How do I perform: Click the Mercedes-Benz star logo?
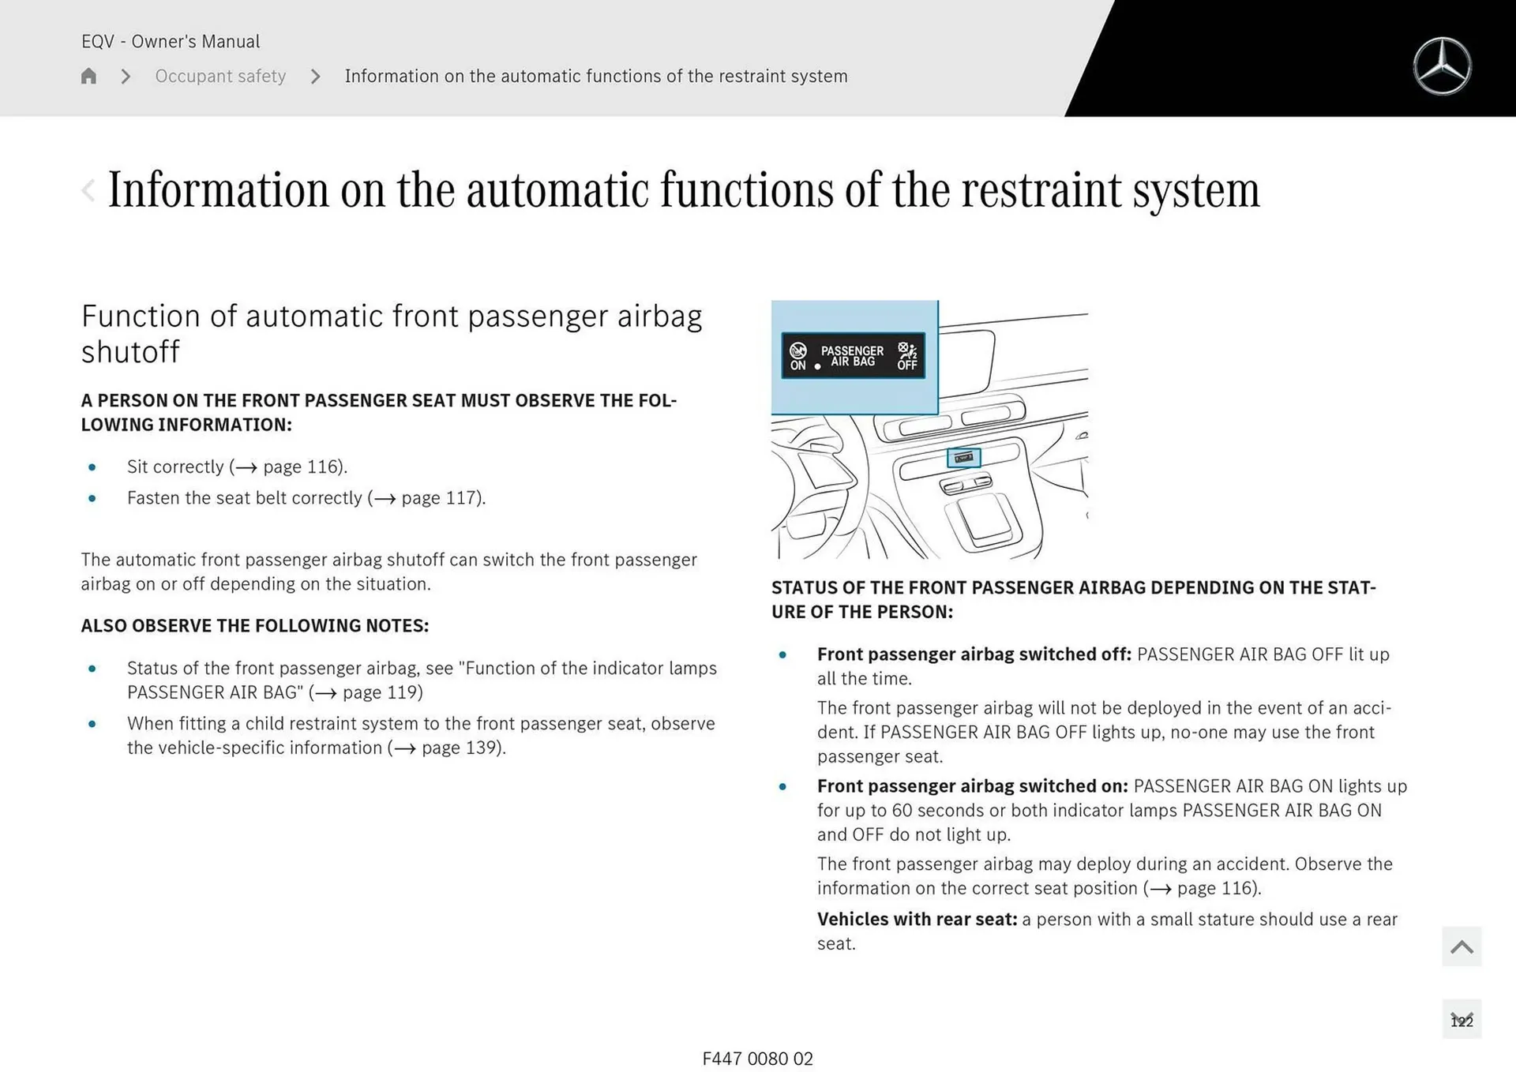pyautogui.click(x=1442, y=66)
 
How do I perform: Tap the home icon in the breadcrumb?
pyautogui.click(x=88, y=76)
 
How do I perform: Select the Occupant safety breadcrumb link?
pyautogui.click(x=220, y=76)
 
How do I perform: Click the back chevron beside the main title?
pyautogui.click(x=88, y=190)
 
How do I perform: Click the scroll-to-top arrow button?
pyautogui.click(x=1461, y=946)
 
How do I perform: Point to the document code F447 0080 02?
pyautogui.click(x=757, y=1059)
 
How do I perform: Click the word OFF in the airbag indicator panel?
pyautogui.click(x=906, y=365)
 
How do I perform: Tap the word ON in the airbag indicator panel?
pyautogui.click(x=797, y=365)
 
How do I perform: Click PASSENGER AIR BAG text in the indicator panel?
pyautogui.click(x=852, y=356)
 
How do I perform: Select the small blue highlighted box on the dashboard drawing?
pyautogui.click(x=963, y=458)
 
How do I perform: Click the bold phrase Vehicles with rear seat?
pyautogui.click(x=917, y=920)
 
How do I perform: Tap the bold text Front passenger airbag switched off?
pyautogui.click(x=974, y=654)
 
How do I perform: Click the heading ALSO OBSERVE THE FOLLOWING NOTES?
pyautogui.click(x=254, y=626)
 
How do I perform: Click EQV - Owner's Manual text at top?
pyautogui.click(x=171, y=41)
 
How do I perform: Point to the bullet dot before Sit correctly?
pyautogui.click(x=92, y=467)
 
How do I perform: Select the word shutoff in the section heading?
pyautogui.click(x=130, y=352)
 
